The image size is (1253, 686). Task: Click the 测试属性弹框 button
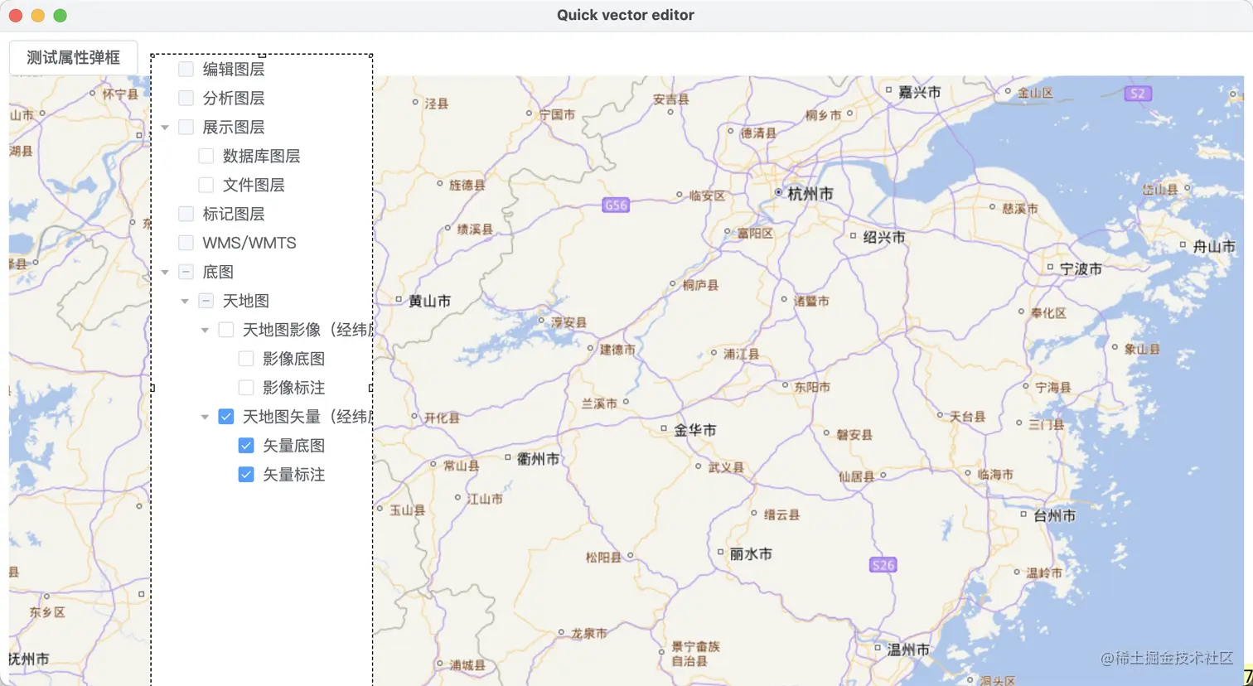73,57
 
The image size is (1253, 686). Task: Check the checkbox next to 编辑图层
186,70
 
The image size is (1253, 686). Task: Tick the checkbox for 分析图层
186,99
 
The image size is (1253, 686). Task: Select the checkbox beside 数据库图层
206,157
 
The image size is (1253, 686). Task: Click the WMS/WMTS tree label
249,244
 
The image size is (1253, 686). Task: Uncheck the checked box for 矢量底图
246,446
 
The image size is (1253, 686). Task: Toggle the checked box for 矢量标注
246,475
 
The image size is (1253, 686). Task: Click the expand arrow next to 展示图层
166,128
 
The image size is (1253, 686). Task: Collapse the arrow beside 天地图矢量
206,417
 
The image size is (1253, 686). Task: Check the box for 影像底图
246,359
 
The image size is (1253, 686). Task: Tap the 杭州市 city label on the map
810,194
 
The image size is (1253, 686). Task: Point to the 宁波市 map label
1081,269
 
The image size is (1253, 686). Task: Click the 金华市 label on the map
694,430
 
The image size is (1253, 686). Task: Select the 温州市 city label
908,650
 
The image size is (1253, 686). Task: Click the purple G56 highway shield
616,205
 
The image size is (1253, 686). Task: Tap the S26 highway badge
883,565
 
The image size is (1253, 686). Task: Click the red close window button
15,15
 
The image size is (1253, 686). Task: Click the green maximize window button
60,15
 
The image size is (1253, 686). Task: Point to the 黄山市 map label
429,302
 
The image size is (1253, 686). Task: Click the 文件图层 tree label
254,186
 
